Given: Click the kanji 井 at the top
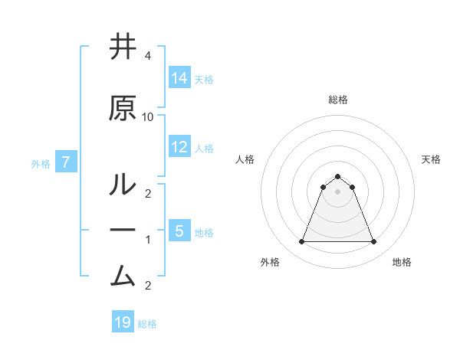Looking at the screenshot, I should point(123,48).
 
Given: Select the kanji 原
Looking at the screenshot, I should point(123,110).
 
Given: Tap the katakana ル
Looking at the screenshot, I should point(123,185).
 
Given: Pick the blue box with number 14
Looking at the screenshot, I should point(179,78).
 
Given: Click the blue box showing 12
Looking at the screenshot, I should point(179,147).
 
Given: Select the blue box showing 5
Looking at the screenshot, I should point(179,231).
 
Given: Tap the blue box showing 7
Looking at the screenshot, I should point(66,162).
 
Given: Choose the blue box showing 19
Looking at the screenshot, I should point(123,322).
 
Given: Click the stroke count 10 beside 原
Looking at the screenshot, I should point(148,116).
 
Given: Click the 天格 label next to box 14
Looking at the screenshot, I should point(204,79).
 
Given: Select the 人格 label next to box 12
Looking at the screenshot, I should point(204,148).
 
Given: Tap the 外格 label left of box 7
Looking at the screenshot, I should point(41,163).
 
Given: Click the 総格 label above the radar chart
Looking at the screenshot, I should point(337,100).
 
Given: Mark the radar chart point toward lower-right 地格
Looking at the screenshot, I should point(373,242).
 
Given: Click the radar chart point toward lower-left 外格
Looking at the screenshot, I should point(301,242).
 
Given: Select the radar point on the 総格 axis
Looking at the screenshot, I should point(337,176).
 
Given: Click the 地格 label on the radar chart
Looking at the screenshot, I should point(402,262).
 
